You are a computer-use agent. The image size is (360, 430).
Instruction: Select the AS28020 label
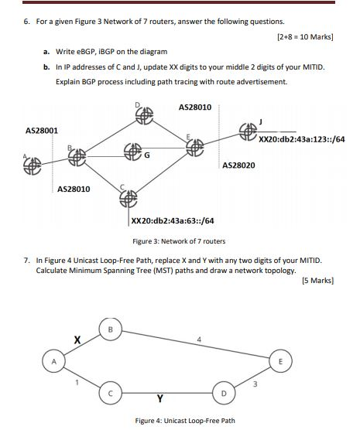[238, 166]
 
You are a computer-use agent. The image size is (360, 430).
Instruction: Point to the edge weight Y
[159, 399]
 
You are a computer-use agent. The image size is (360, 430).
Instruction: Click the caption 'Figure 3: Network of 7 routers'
[179, 241]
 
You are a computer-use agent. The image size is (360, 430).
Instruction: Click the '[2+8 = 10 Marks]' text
[305, 36]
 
